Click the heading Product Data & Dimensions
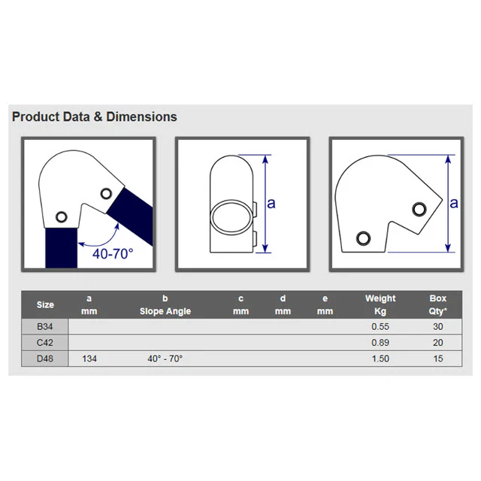pyautogui.click(x=95, y=117)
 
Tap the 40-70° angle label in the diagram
pyautogui.click(x=113, y=254)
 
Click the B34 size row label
pyautogui.click(x=45, y=327)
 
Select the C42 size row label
pyautogui.click(x=45, y=343)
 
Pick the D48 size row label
pyautogui.click(x=45, y=358)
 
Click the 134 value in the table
pyautogui.click(x=89, y=358)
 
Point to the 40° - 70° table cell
pyautogui.click(x=165, y=358)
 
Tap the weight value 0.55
pyautogui.click(x=380, y=327)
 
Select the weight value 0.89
pyautogui.click(x=380, y=343)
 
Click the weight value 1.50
pyautogui.click(x=380, y=358)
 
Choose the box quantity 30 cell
pyautogui.click(x=437, y=327)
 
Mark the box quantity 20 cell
pyautogui.click(x=437, y=343)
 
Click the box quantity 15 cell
pyautogui.click(x=437, y=358)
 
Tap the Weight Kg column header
pyautogui.click(x=380, y=304)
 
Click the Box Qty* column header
pyautogui.click(x=437, y=304)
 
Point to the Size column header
pyautogui.click(x=45, y=304)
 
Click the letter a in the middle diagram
pyautogui.click(x=271, y=204)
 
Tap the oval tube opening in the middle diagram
pyautogui.click(x=232, y=218)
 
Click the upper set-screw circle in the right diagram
pyautogui.click(x=419, y=209)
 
